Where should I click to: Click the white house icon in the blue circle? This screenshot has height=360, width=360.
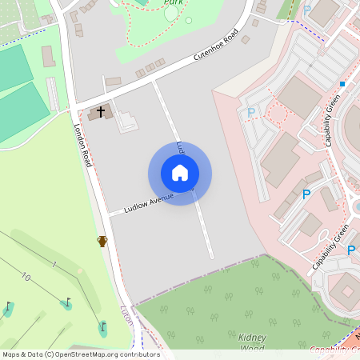180,173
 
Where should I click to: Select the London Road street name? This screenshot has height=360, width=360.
83,145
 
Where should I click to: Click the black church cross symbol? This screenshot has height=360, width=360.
101,111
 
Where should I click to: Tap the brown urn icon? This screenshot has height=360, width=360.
102,241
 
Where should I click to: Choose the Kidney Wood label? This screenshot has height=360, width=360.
253,342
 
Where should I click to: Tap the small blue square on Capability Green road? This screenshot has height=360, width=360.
342,83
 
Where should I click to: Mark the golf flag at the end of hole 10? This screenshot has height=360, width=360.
8,306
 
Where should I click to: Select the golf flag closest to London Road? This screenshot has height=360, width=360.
102,326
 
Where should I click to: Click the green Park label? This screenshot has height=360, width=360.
173,3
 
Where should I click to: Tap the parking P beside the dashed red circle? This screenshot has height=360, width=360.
251,113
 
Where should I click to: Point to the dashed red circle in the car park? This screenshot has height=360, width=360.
276,113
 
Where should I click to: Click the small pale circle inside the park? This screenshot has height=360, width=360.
189,20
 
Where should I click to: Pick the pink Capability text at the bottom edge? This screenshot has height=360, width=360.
332,349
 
